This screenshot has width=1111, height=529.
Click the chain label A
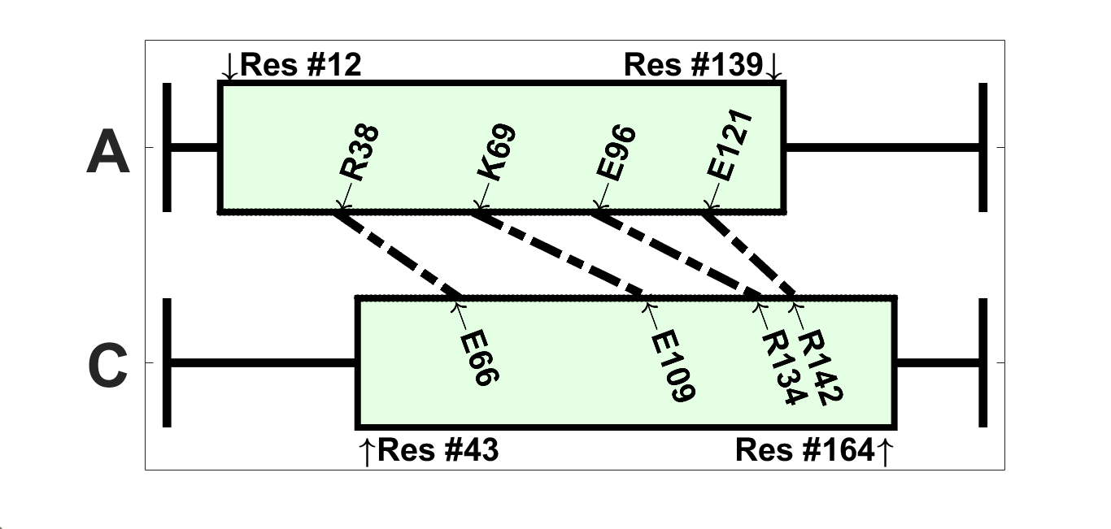107,154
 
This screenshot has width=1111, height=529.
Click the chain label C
107,368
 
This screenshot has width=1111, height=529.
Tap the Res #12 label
301,65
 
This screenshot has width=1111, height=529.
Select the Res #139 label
694,65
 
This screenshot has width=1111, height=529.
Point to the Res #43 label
438,449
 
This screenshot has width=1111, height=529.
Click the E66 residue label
477,358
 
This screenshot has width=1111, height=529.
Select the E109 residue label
673,366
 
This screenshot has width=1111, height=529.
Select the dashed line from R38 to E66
399,254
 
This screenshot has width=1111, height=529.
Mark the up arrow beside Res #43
367,451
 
